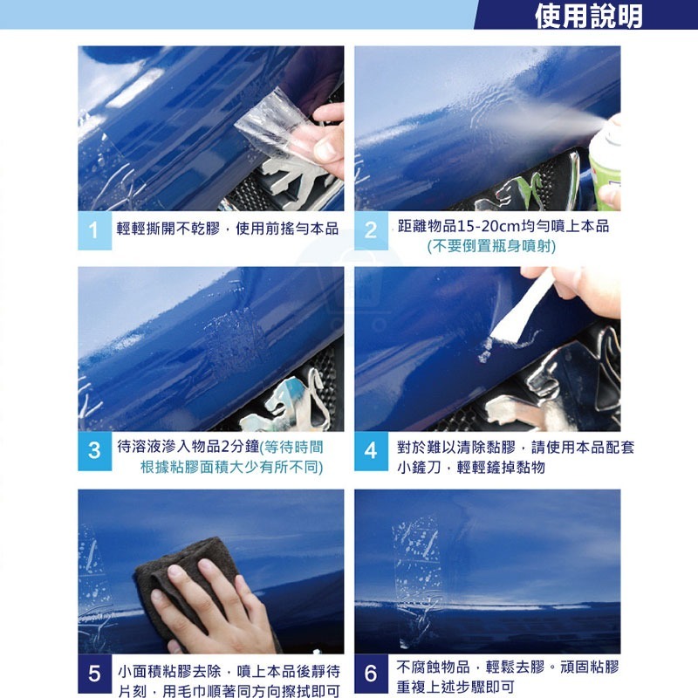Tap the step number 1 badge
pos(94,230)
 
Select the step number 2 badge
pos(371,230)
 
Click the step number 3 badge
pos(94,451)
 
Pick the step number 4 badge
pos(371,451)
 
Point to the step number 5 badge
pos(94,674)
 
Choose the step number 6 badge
pos(371,674)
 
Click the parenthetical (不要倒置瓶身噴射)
pos(491,247)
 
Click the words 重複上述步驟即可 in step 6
pos(454,688)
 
